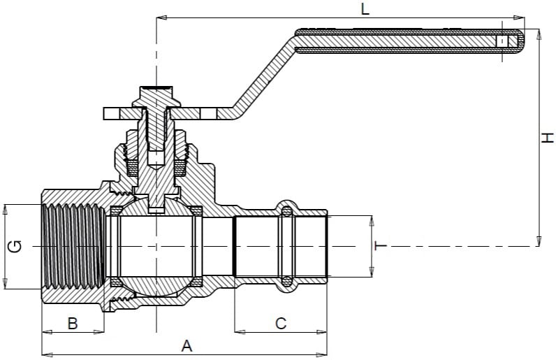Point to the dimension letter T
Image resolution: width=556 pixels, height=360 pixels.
[381, 246]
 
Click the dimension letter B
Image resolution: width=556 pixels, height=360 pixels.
[72, 323]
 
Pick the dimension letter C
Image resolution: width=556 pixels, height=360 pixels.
[281, 323]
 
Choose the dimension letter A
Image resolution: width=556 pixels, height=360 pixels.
[186, 345]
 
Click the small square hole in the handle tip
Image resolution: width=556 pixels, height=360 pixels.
[501, 41]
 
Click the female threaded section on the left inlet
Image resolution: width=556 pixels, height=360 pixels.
[74, 246]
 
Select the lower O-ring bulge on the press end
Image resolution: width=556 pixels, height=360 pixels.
[285, 283]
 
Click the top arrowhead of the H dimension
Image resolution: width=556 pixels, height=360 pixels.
[539, 32]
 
